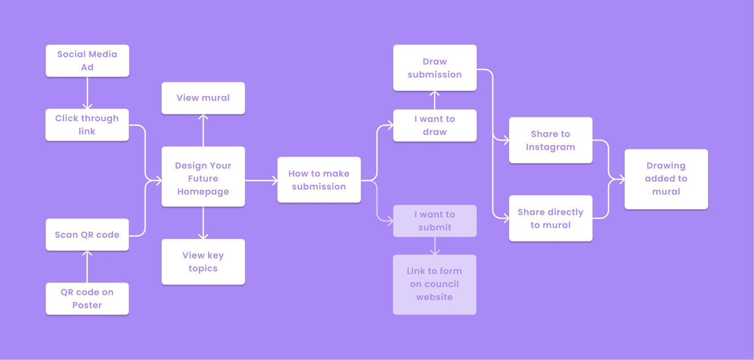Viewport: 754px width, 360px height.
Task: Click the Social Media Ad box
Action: (87, 61)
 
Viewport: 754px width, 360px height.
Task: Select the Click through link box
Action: (87, 125)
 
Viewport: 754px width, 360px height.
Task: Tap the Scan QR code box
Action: (87, 235)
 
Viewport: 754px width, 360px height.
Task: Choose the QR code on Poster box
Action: (87, 299)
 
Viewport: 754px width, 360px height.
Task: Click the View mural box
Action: (203, 98)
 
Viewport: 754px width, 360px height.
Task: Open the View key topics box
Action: (203, 262)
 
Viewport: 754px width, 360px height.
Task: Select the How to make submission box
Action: (319, 180)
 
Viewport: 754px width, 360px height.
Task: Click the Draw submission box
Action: (434, 68)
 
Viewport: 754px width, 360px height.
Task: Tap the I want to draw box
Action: (434, 125)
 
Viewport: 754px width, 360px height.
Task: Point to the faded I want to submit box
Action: (434, 221)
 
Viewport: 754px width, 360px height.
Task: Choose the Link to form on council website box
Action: (434, 284)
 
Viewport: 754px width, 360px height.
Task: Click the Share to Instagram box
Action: (550, 140)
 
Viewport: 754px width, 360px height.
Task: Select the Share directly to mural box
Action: (550, 218)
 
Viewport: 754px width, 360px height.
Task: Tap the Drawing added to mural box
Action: (666, 179)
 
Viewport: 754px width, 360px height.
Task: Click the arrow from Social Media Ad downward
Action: (87, 93)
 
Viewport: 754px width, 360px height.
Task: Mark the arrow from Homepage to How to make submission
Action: (261, 180)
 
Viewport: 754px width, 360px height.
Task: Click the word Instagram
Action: (550, 147)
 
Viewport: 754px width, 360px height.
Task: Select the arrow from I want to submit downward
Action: (435, 246)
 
